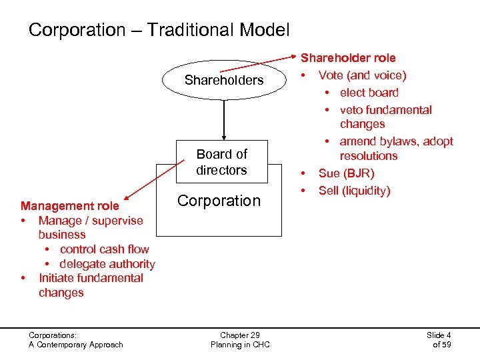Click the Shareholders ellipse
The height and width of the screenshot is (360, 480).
pyautogui.click(x=224, y=81)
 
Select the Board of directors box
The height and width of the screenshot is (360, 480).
pyautogui.click(x=221, y=162)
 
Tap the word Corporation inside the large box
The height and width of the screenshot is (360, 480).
pyautogui.click(x=219, y=201)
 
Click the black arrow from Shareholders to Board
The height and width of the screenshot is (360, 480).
pyautogui.click(x=224, y=120)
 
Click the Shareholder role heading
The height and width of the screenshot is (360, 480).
pyautogui.click(x=348, y=58)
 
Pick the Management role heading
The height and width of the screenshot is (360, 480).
pyautogui.click(x=70, y=206)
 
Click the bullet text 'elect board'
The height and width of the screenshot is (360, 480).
pyautogui.click(x=369, y=93)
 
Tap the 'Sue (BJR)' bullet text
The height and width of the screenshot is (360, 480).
pyautogui.click(x=346, y=173)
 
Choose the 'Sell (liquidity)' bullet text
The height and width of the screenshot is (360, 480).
pyautogui.click(x=354, y=191)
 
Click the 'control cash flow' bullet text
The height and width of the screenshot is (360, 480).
pyautogui.click(x=104, y=249)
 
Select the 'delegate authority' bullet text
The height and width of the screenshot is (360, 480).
pyautogui.click(x=107, y=264)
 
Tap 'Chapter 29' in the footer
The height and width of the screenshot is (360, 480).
pyautogui.click(x=239, y=335)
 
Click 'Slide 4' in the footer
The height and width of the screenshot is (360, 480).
pyautogui.click(x=439, y=335)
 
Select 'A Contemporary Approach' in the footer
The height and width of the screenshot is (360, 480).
pyautogui.click(x=76, y=345)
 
